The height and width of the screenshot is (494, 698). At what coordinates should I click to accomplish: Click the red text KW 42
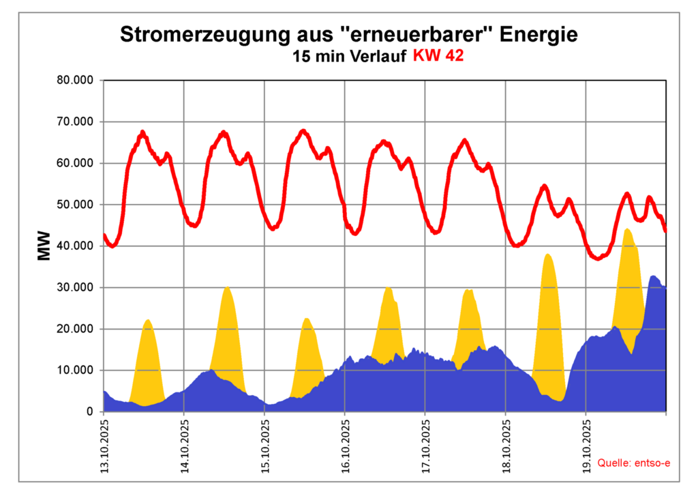(438, 57)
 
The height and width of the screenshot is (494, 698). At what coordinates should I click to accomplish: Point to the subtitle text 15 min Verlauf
(350, 57)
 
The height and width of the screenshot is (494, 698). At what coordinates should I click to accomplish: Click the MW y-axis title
(44, 248)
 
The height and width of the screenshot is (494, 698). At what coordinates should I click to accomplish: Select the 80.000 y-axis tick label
(76, 81)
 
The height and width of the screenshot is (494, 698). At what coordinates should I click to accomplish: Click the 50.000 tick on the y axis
(76, 205)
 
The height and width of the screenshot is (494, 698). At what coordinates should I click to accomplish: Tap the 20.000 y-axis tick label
(76, 329)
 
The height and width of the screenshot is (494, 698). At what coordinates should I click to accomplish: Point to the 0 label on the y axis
(89, 412)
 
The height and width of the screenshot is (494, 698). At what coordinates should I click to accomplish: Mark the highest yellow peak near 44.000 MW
(628, 230)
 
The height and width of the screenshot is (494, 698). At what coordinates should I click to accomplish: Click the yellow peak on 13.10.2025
(147, 320)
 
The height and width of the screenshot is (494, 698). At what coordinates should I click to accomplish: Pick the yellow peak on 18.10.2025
(548, 255)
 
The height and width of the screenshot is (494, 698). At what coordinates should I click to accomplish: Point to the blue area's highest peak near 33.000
(653, 276)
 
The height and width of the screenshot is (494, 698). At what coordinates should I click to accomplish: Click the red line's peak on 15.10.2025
(304, 130)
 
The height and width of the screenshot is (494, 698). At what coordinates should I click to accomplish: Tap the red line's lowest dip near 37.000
(598, 259)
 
